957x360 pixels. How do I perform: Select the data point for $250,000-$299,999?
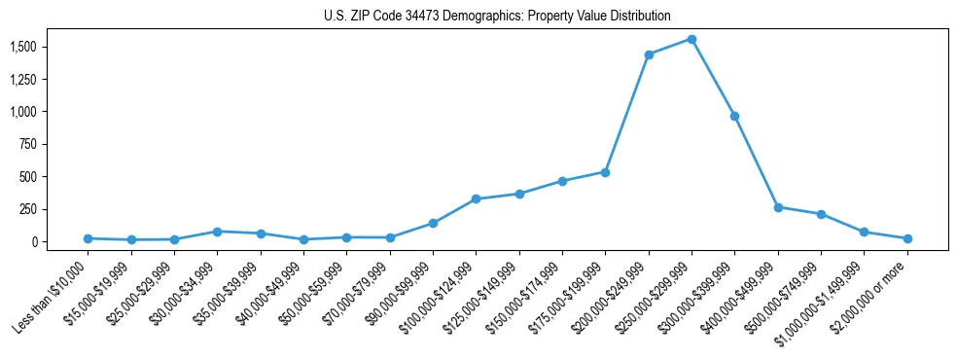coord(691,39)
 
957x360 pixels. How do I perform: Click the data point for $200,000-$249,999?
coord(649,54)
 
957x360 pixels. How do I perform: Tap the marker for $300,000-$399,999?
coord(735,116)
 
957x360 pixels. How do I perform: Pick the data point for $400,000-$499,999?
coord(778,207)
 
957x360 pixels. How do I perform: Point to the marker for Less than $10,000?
coord(89,238)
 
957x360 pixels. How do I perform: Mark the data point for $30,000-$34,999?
coord(217,232)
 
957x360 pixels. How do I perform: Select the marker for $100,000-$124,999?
coord(476,198)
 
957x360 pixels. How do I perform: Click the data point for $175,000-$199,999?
coord(605,172)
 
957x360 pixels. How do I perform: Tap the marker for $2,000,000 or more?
coord(907,238)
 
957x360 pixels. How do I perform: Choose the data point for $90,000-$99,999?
coord(433,223)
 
